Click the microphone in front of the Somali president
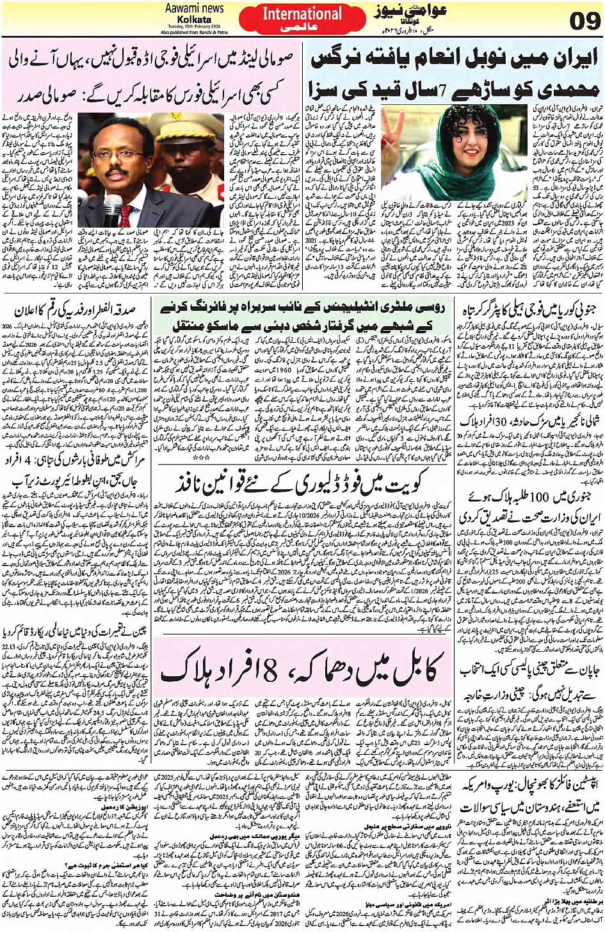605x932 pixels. (117, 210)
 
